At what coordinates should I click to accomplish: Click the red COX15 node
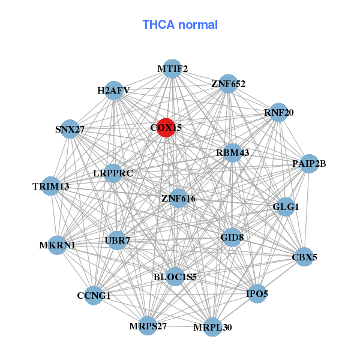[166, 128]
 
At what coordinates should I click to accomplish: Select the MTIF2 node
[172, 69]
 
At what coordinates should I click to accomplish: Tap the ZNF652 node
[228, 84]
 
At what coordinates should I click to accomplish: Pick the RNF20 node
[278, 112]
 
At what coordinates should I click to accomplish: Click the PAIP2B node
[308, 163]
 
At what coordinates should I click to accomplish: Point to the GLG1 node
[285, 207]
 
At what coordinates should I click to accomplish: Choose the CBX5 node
[304, 257]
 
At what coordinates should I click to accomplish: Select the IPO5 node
[257, 293]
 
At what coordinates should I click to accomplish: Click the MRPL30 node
[212, 327]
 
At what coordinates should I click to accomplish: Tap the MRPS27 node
[148, 326]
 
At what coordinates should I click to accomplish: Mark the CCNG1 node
[94, 295]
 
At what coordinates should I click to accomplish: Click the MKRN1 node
[57, 245]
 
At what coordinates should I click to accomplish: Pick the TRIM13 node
[51, 187]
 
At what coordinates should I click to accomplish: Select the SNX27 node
[70, 129]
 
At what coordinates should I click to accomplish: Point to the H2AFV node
[113, 91]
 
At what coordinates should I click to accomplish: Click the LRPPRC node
[113, 173]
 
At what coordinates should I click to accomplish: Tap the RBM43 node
[232, 152]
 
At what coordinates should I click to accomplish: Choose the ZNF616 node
[178, 198]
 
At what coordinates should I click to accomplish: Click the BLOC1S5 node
[175, 277]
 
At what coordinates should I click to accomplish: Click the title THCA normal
[180, 25]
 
